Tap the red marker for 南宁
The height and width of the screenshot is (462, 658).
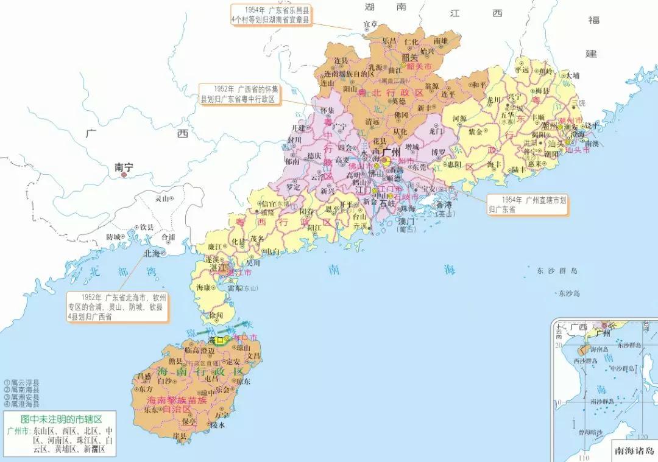[124, 175]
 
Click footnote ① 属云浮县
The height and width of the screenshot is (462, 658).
[22, 383]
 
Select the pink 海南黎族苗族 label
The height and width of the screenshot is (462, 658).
[177, 401]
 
